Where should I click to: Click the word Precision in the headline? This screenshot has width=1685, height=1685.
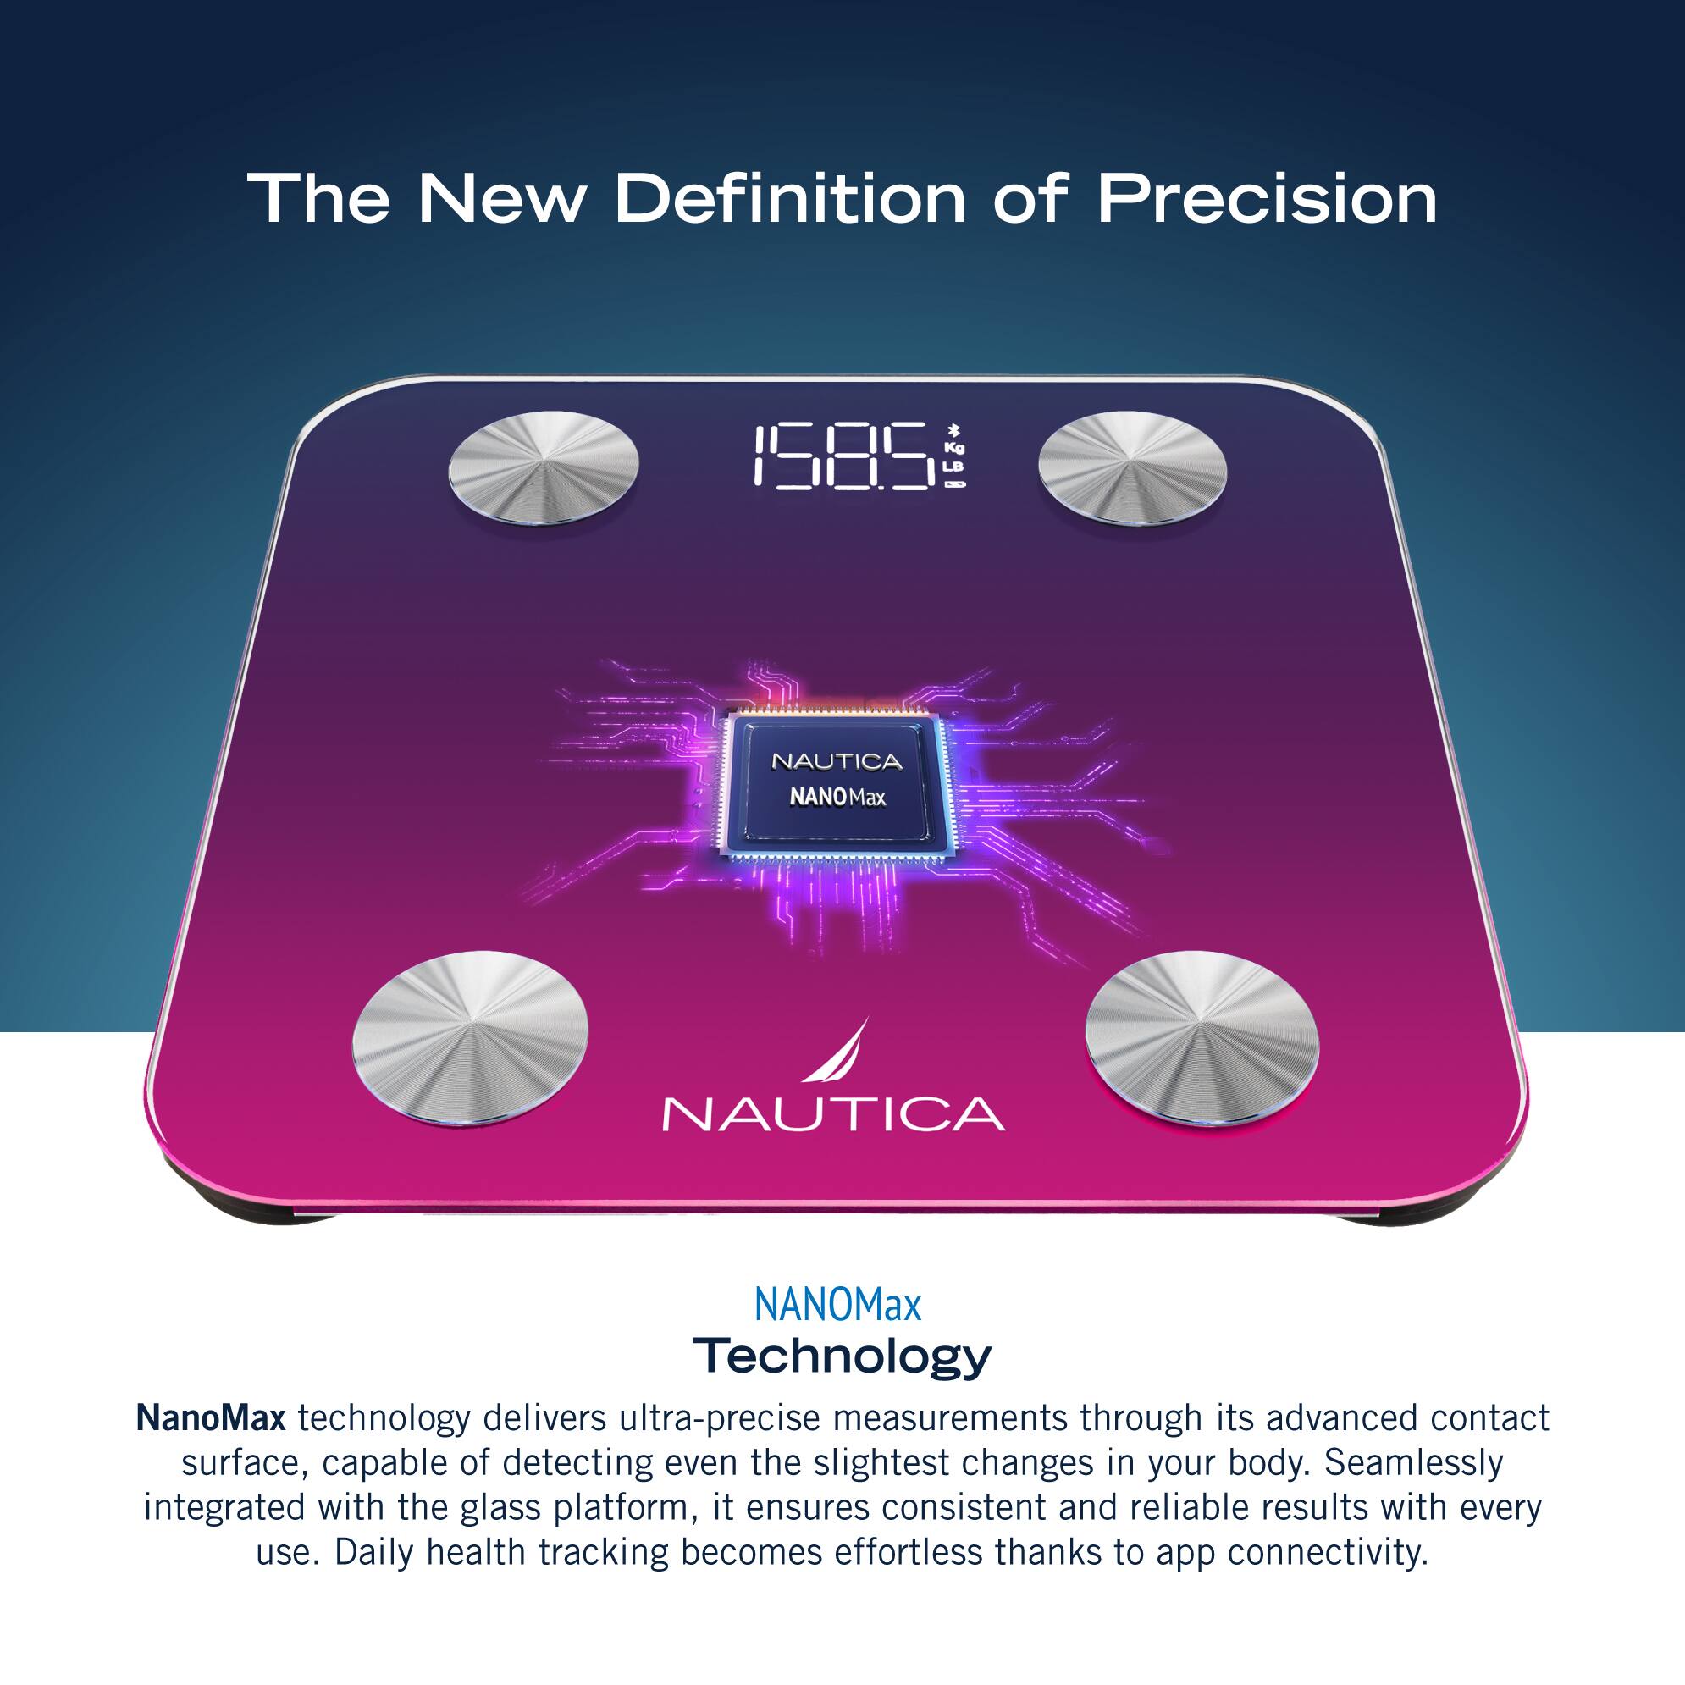coord(1267,199)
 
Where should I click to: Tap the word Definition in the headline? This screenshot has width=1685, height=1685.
coord(790,199)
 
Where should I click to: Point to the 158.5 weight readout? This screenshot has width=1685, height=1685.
coord(842,456)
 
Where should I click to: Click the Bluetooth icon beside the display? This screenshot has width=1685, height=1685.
coord(956,429)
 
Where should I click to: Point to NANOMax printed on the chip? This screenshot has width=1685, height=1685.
coord(837,797)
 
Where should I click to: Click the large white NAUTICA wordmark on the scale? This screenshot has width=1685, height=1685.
coord(833,1113)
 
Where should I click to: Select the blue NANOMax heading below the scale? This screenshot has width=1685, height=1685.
coord(837,1307)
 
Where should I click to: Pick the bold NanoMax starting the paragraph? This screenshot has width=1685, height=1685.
coord(210,1419)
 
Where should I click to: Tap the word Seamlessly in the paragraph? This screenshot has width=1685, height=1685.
coord(1414,1462)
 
